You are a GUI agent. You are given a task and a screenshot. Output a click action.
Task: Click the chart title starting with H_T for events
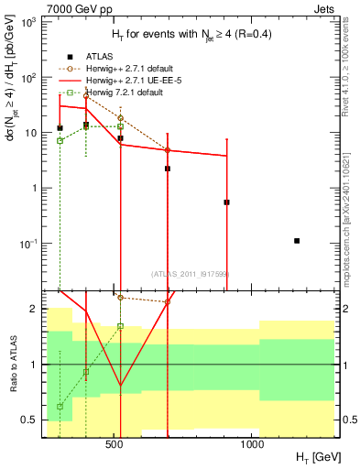point(190,35)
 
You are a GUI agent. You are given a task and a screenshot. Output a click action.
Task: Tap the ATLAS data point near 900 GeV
point(226,202)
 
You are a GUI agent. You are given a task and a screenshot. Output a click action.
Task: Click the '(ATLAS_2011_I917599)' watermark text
point(190,272)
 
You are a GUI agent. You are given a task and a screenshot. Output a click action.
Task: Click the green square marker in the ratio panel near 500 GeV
point(120,326)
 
